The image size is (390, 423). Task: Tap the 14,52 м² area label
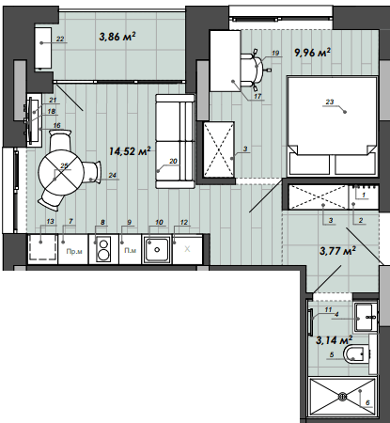(130, 150)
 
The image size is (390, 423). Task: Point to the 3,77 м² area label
(336, 250)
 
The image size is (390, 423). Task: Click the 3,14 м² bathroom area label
(335, 339)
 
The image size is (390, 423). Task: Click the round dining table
(61, 171)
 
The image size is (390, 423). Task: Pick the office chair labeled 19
(255, 68)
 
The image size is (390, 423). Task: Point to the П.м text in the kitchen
(129, 251)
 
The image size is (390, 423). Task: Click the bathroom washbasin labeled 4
(363, 315)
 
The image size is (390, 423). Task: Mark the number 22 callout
(60, 39)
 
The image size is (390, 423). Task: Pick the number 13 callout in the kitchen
(50, 222)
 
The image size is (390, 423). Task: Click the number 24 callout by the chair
(112, 175)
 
